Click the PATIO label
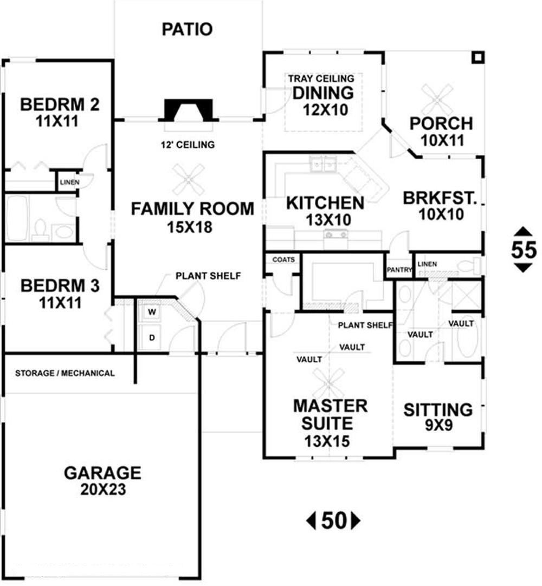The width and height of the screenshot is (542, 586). coord(187,29)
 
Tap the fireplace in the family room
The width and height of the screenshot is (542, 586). coord(189,110)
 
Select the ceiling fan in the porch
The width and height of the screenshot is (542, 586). coord(437,100)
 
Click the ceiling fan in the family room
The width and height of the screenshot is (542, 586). coord(189,179)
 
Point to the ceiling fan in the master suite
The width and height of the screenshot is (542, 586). coord(328,383)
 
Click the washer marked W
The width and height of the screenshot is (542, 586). coord(152,312)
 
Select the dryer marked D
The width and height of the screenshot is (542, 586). coord(152,337)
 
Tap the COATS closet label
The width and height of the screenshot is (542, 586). coord(283,259)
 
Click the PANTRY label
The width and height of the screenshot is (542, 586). coord(399,270)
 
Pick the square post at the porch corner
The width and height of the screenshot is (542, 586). coord(478,57)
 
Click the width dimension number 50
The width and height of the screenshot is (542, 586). coord(333,520)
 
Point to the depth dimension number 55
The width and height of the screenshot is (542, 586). coord(524,250)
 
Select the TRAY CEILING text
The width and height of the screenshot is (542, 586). coord(321,79)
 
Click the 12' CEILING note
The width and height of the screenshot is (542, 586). coord(188,145)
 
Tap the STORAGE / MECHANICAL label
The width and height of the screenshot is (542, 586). coord(64,373)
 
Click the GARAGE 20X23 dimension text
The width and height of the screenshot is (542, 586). coord(103,490)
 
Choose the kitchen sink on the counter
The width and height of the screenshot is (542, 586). coord(323,164)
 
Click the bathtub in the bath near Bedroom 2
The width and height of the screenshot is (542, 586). coord(17,218)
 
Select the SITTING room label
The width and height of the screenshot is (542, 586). coord(438,409)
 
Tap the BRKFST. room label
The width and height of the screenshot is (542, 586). coord(440,198)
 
